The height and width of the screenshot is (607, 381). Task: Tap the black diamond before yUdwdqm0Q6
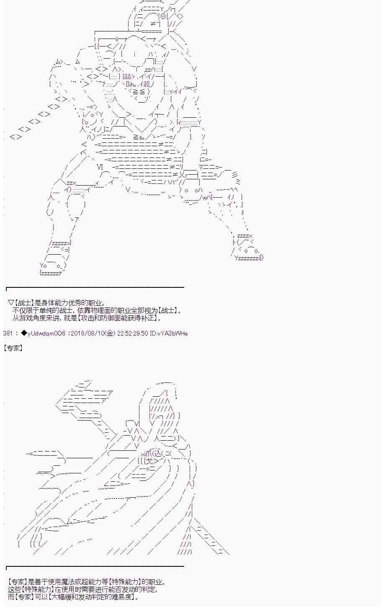(23, 333)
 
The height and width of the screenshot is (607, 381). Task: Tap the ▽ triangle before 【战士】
(11, 303)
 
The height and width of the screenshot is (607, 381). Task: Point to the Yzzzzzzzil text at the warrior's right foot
(248, 258)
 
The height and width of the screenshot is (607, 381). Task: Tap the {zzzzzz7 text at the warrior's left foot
(51, 273)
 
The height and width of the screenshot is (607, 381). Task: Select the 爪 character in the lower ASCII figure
(147, 454)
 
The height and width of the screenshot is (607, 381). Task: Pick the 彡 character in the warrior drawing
(235, 174)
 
